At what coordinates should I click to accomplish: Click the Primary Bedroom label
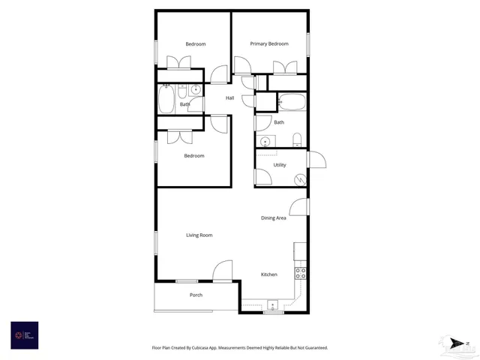[269, 44]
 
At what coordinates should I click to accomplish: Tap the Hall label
[230, 98]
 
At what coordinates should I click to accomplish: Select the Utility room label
[280, 165]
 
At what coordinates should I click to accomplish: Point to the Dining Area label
[274, 218]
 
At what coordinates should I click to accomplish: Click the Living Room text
[199, 235]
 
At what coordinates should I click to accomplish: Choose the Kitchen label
[269, 274]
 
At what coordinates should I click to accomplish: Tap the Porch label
[196, 295]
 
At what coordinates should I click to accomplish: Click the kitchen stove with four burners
[300, 273]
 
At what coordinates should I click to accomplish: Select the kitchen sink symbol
[273, 305]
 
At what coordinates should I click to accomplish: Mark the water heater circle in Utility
[300, 179]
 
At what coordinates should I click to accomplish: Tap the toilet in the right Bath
[297, 139]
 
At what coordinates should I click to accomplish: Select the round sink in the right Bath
[265, 141]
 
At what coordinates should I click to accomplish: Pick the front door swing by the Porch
[223, 270]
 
